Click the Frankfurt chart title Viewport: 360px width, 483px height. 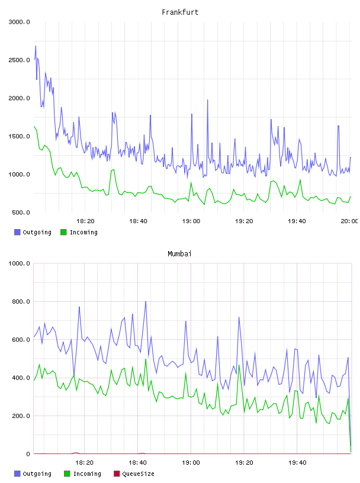(x=180, y=12)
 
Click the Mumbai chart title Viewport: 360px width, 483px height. (x=179, y=254)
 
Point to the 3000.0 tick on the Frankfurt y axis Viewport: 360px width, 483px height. (x=20, y=22)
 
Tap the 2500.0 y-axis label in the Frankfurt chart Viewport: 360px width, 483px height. (x=20, y=60)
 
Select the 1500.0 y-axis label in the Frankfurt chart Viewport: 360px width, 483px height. (x=20, y=137)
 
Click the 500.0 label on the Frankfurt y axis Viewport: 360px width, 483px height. (x=21, y=212)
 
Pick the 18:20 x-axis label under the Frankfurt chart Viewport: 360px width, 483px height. (x=85, y=221)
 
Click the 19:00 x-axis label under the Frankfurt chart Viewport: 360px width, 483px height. (x=191, y=221)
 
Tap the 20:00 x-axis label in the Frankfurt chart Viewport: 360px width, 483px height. (x=349, y=221)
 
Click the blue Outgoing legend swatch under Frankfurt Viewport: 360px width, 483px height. (x=17, y=232)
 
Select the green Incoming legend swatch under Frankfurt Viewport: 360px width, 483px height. (x=63, y=232)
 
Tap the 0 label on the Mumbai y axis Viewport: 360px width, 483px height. (x=28, y=454)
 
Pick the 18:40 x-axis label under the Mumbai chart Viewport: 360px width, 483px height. (x=137, y=463)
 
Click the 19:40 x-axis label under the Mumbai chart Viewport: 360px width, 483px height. (x=297, y=463)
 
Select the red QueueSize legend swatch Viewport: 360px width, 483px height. (x=117, y=474)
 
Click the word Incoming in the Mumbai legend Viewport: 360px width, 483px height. (x=87, y=474)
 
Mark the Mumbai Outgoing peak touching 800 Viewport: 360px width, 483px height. (x=146, y=301)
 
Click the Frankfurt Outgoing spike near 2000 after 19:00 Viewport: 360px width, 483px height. (x=207, y=100)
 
